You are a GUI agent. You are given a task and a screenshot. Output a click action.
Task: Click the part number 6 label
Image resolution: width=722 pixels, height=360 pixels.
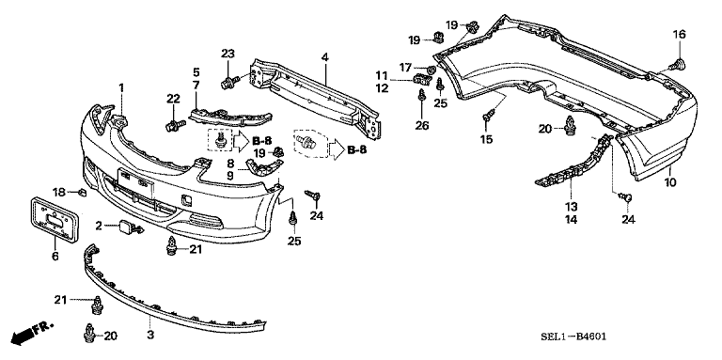pyautogui.click(x=55, y=256)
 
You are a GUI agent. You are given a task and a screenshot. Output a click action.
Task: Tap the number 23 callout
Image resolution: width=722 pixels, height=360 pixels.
pyautogui.click(x=228, y=54)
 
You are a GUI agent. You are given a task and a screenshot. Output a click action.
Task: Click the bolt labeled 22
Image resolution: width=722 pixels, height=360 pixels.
pyautogui.click(x=175, y=125)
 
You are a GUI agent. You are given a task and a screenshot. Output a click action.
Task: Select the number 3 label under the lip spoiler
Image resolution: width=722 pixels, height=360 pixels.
pyautogui.click(x=150, y=336)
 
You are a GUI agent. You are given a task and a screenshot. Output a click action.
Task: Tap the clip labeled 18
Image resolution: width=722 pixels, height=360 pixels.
pyautogui.click(x=83, y=192)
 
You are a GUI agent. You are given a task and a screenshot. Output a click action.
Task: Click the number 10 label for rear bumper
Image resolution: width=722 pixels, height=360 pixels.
pyautogui.click(x=670, y=182)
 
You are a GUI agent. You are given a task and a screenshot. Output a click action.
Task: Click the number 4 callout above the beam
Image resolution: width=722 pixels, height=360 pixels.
pyautogui.click(x=325, y=57)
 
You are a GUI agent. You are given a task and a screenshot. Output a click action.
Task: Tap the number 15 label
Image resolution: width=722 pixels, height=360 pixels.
pyautogui.click(x=486, y=139)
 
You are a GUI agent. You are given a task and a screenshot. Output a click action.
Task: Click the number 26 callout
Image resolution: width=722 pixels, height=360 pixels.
pyautogui.click(x=422, y=125)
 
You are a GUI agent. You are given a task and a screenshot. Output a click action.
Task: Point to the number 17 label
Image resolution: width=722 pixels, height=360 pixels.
pyautogui.click(x=405, y=68)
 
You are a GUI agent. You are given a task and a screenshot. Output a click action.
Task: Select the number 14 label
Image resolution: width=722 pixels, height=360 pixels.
pyautogui.click(x=571, y=220)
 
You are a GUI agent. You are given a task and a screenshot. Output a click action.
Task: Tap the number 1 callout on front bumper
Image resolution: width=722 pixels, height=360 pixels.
pyautogui.click(x=121, y=87)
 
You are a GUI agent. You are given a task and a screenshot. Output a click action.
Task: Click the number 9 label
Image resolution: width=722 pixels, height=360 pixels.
pyautogui.click(x=230, y=176)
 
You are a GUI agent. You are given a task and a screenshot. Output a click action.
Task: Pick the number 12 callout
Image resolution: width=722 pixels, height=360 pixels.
pyautogui.click(x=382, y=88)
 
